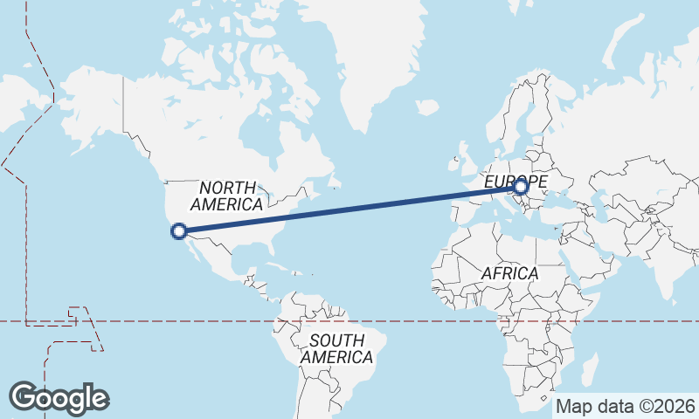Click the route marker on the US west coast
click(179, 231)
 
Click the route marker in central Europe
click(521, 186)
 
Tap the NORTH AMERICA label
click(227, 196)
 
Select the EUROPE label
click(516, 182)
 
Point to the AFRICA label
click(510, 273)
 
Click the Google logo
click(59, 397)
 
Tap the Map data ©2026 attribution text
click(626, 406)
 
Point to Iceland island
click(426, 107)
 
